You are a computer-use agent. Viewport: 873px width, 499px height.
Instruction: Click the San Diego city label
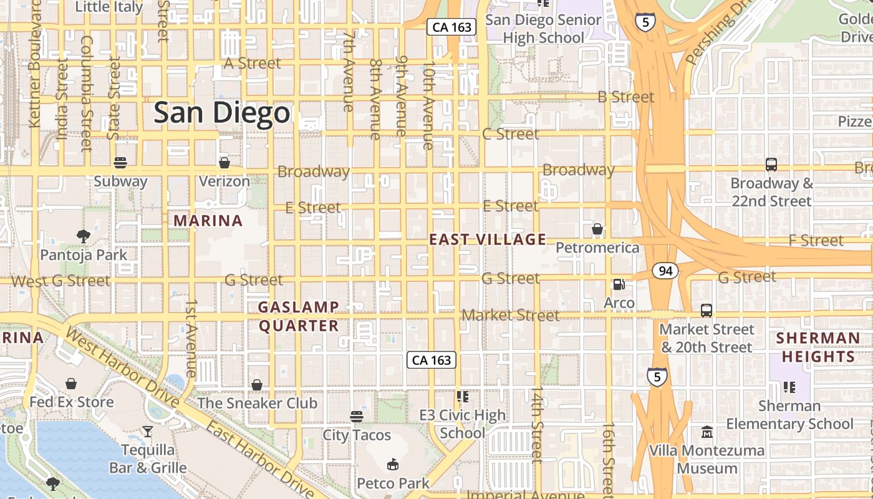pos(222,113)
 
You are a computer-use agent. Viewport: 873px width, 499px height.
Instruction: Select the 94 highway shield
pos(665,271)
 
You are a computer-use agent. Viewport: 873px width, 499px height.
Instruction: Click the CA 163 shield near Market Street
pos(432,360)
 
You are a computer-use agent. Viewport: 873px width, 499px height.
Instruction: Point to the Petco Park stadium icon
pos(393,464)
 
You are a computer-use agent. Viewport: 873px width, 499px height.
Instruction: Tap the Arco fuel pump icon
pos(619,284)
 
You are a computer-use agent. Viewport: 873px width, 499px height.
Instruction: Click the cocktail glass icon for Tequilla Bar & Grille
pos(147,431)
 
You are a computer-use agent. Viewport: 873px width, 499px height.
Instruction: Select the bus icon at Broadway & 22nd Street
pos(771,165)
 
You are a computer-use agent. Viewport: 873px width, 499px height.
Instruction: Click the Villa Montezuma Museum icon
pos(707,432)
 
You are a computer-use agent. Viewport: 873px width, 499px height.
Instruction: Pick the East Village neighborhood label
pos(488,240)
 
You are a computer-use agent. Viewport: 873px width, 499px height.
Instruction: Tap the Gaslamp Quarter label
pos(299,316)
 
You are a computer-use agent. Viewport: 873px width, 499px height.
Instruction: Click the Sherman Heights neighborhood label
pos(818,347)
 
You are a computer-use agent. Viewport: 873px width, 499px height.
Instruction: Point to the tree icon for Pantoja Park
pos(83,236)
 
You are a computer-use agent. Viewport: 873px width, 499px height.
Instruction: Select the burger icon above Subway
pos(120,163)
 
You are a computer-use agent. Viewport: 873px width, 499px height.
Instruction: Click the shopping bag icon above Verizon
pos(224,163)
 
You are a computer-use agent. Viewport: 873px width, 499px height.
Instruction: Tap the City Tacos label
pos(357,435)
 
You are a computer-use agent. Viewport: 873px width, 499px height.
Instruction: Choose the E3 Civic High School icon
pos(462,396)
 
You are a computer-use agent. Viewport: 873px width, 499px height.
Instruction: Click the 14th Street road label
pos(537,424)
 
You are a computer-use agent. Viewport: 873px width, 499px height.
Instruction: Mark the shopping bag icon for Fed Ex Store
pos(71,383)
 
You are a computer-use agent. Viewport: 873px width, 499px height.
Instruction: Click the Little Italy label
pos(109,7)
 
